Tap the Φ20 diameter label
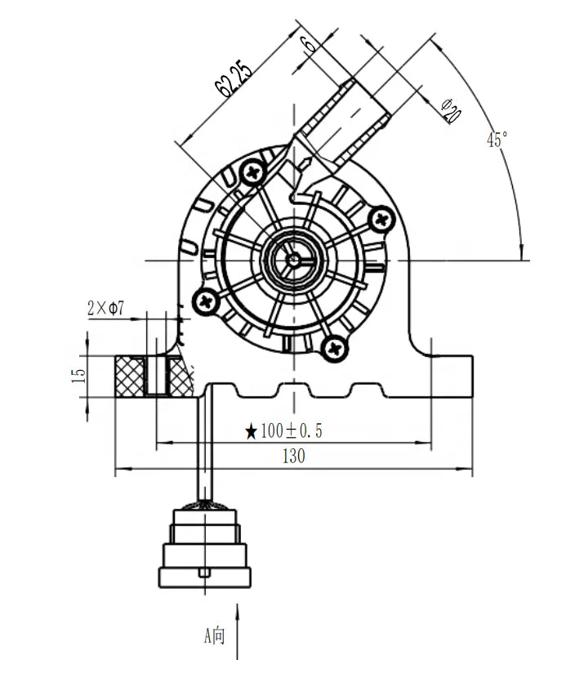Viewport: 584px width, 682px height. [449, 110]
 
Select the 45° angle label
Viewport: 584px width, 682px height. [497, 140]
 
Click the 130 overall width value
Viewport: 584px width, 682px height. [293, 457]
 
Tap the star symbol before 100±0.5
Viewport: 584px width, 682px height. [252, 431]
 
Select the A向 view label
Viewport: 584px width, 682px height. [214, 635]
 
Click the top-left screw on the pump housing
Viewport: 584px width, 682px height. [253, 172]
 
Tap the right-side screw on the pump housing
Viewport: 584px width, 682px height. [381, 219]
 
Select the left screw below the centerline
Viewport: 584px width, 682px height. [205, 302]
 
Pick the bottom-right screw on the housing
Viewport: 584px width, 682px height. [334, 349]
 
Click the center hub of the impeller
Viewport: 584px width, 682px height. [293, 261]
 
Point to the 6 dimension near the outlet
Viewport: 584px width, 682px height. [308, 45]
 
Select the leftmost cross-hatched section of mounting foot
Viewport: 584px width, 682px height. [129, 376]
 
